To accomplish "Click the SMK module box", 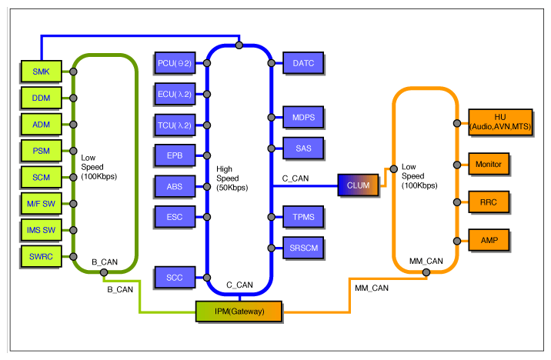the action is click(41, 72).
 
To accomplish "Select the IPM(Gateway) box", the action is click(239, 312).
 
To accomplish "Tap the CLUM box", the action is click(358, 185).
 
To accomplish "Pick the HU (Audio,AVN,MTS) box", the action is click(500, 122).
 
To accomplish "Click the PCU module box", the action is click(175, 63).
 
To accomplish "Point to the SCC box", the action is click(175, 278).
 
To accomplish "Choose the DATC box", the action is click(303, 63).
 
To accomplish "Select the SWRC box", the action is click(41, 256).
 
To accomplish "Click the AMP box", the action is click(489, 240).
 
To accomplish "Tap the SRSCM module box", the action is click(303, 248).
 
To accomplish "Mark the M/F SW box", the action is click(41, 204).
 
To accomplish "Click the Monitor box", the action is click(489, 164).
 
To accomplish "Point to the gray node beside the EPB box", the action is click(207, 155).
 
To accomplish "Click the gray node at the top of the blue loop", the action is click(239, 45).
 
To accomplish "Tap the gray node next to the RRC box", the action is click(457, 202).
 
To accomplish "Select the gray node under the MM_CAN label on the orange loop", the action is click(426, 272).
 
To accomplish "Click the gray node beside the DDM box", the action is click(73, 98).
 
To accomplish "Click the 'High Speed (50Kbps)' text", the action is click(232, 178).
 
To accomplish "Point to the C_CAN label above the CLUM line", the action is click(296, 178).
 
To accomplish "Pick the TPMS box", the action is click(303, 217).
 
